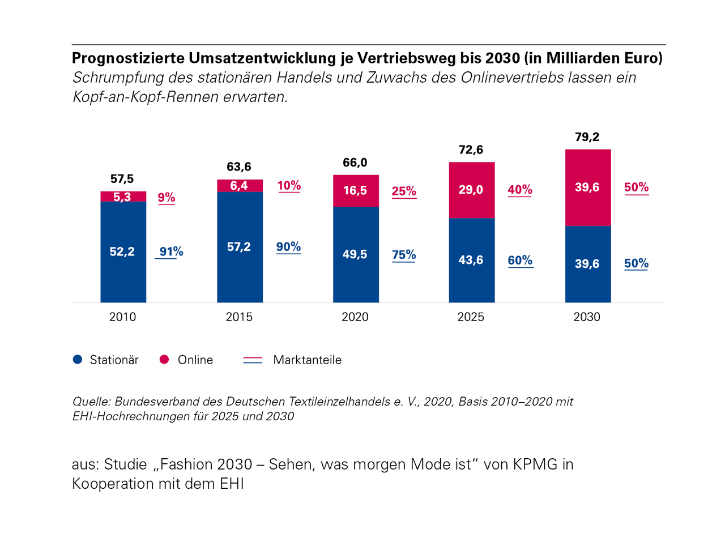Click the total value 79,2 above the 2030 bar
pyautogui.click(x=587, y=137)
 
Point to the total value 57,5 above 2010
pyautogui.click(x=122, y=179)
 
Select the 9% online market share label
pyautogui.click(x=167, y=197)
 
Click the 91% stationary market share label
pyautogui.click(x=171, y=251)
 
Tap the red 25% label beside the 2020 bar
pyautogui.click(x=404, y=191)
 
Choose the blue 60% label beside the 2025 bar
pyautogui.click(x=520, y=260)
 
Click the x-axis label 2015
pyautogui.click(x=239, y=317)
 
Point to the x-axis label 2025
pyautogui.click(x=471, y=317)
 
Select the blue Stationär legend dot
pyautogui.click(x=78, y=360)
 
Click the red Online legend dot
pyautogui.click(x=164, y=360)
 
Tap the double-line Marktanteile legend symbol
pyautogui.click(x=253, y=360)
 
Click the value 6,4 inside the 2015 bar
pyautogui.click(x=239, y=186)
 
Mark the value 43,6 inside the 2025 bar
pyautogui.click(x=471, y=260)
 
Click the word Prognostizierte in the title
pyautogui.click(x=128, y=58)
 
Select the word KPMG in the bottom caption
pyautogui.click(x=535, y=464)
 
